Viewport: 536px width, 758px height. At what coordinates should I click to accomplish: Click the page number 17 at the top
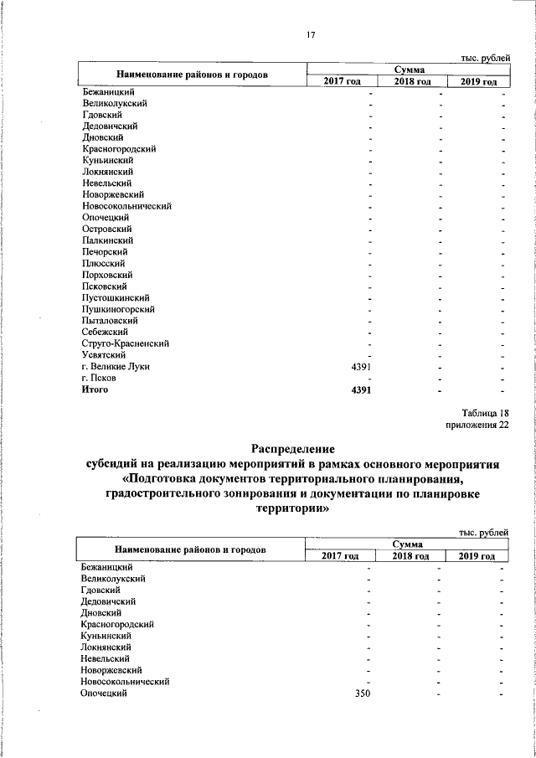[x=311, y=34]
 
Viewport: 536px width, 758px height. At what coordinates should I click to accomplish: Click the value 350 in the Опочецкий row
[x=362, y=694]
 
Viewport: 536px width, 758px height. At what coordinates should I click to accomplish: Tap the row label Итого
[x=95, y=389]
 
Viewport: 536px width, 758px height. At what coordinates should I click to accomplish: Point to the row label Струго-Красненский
[x=126, y=343]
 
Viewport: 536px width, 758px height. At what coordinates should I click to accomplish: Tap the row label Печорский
[x=105, y=251]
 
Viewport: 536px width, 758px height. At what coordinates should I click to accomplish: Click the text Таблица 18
[x=485, y=413]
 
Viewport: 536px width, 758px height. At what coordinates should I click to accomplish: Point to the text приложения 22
[x=477, y=425]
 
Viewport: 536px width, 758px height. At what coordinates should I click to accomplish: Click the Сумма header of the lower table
[x=406, y=544]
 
